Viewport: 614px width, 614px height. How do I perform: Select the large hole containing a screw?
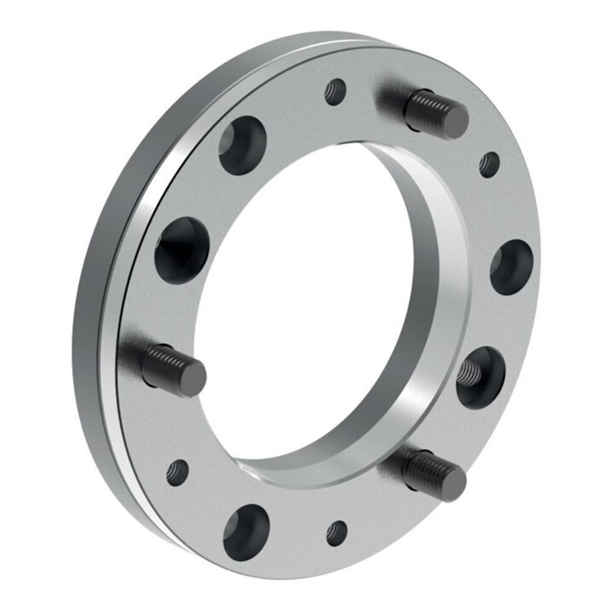pyautogui.click(x=480, y=374)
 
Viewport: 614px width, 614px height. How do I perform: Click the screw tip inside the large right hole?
pyautogui.click(x=468, y=370)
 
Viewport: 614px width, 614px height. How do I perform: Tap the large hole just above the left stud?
pyautogui.click(x=183, y=249)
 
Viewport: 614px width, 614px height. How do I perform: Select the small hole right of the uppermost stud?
pyautogui.click(x=489, y=163)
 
